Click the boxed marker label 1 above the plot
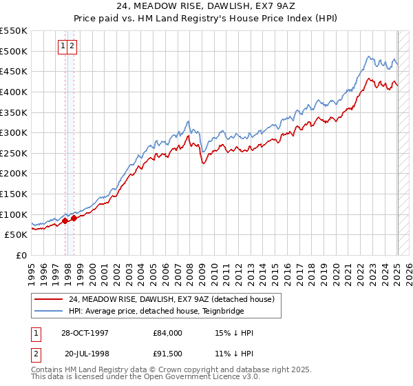point(63,46)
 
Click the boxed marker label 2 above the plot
point(72,46)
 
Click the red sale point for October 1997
point(65,221)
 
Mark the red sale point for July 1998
point(74,218)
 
